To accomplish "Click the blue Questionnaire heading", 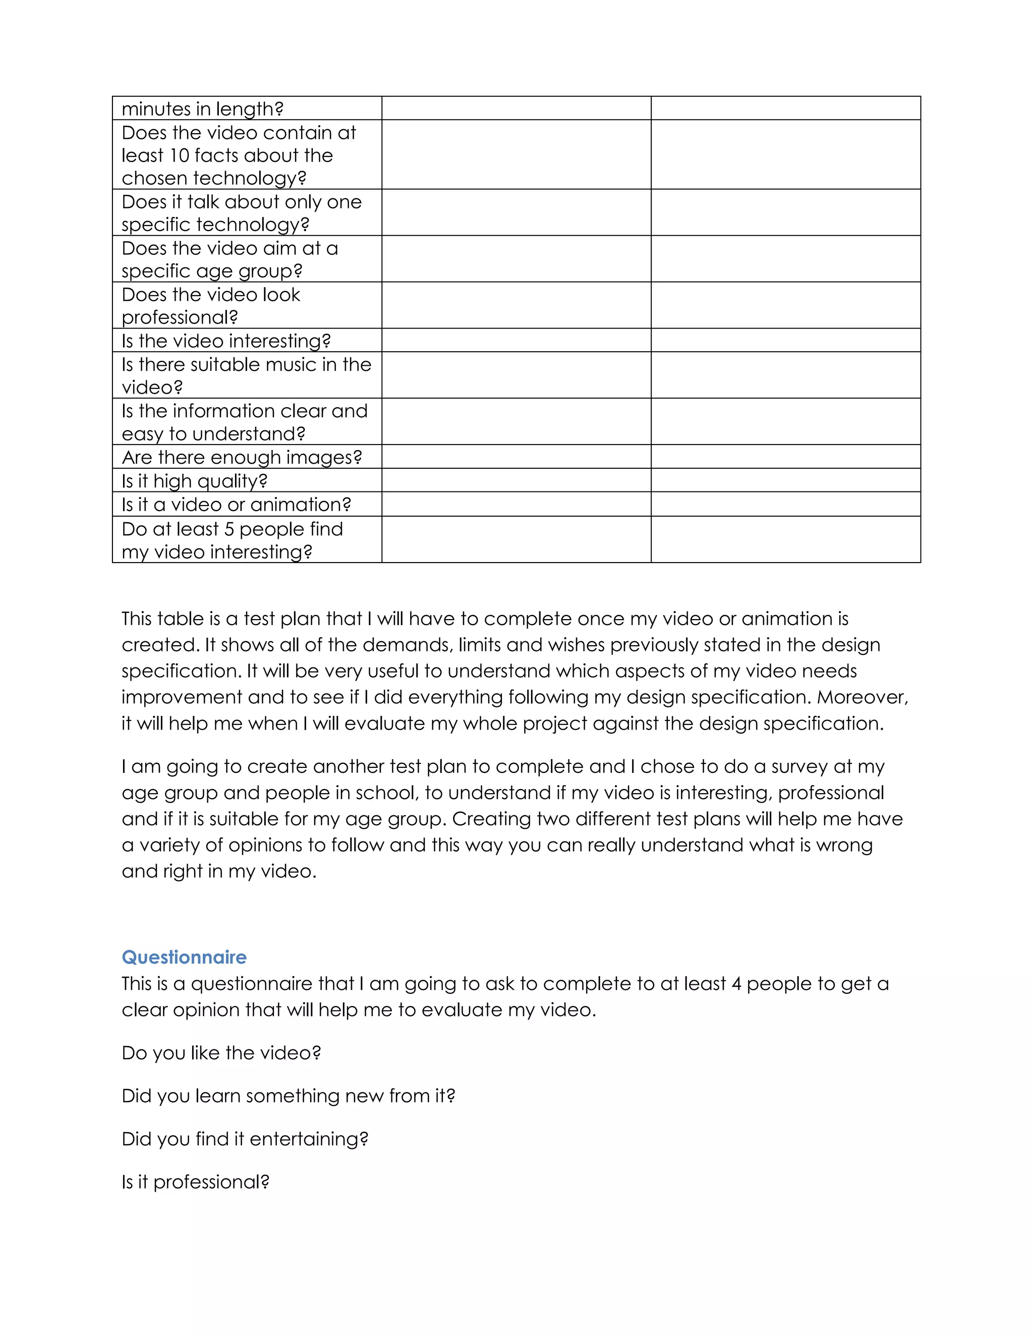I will click(x=184, y=957).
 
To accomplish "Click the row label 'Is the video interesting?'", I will click(x=226, y=341).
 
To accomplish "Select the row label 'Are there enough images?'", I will click(x=242, y=457).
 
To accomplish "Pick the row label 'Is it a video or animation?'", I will click(x=236, y=505).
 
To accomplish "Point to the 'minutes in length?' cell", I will click(x=203, y=109).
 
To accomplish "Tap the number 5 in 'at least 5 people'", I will click(x=229, y=529).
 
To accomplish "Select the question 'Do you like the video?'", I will click(x=221, y=1052).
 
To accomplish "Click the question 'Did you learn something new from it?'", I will click(x=288, y=1095).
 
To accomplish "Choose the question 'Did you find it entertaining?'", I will click(x=245, y=1139).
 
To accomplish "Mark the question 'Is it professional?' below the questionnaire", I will click(x=195, y=1182).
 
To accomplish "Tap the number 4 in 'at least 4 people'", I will click(x=736, y=984).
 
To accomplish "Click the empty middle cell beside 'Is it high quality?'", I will click(x=516, y=480).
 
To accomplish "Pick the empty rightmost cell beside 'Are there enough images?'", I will click(x=785, y=457).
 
